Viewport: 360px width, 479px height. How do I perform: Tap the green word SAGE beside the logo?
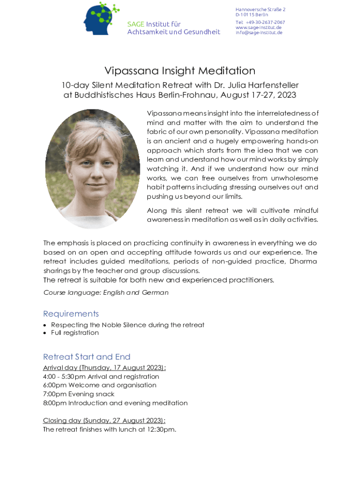pyautogui.click(x=136, y=24)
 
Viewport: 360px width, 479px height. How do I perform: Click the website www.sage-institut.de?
pyautogui.click(x=259, y=28)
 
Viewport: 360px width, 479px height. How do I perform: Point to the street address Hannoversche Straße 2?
pyautogui.click(x=260, y=9)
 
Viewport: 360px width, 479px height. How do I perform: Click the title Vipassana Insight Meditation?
pyautogui.click(x=180, y=71)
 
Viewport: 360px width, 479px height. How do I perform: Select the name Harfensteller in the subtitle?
pyautogui.click(x=272, y=85)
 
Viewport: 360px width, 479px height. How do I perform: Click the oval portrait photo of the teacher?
pyautogui.click(x=93, y=168)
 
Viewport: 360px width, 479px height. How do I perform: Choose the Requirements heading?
pyautogui.click(x=71, y=314)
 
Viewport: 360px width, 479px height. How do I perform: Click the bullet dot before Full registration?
pyautogui.click(x=45, y=333)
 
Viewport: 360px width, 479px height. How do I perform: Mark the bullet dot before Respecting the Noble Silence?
pyautogui.click(x=45, y=325)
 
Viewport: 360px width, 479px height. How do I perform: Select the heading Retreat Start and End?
pyautogui.click(x=86, y=357)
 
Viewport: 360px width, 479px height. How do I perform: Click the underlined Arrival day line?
pyautogui.click(x=104, y=368)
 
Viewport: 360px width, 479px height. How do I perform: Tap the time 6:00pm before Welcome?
pyautogui.click(x=55, y=385)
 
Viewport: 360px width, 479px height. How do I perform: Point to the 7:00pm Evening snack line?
pyautogui.click(x=79, y=394)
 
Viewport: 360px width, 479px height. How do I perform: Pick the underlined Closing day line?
pyautogui.click(x=104, y=421)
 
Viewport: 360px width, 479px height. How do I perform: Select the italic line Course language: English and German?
pyautogui.click(x=106, y=293)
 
